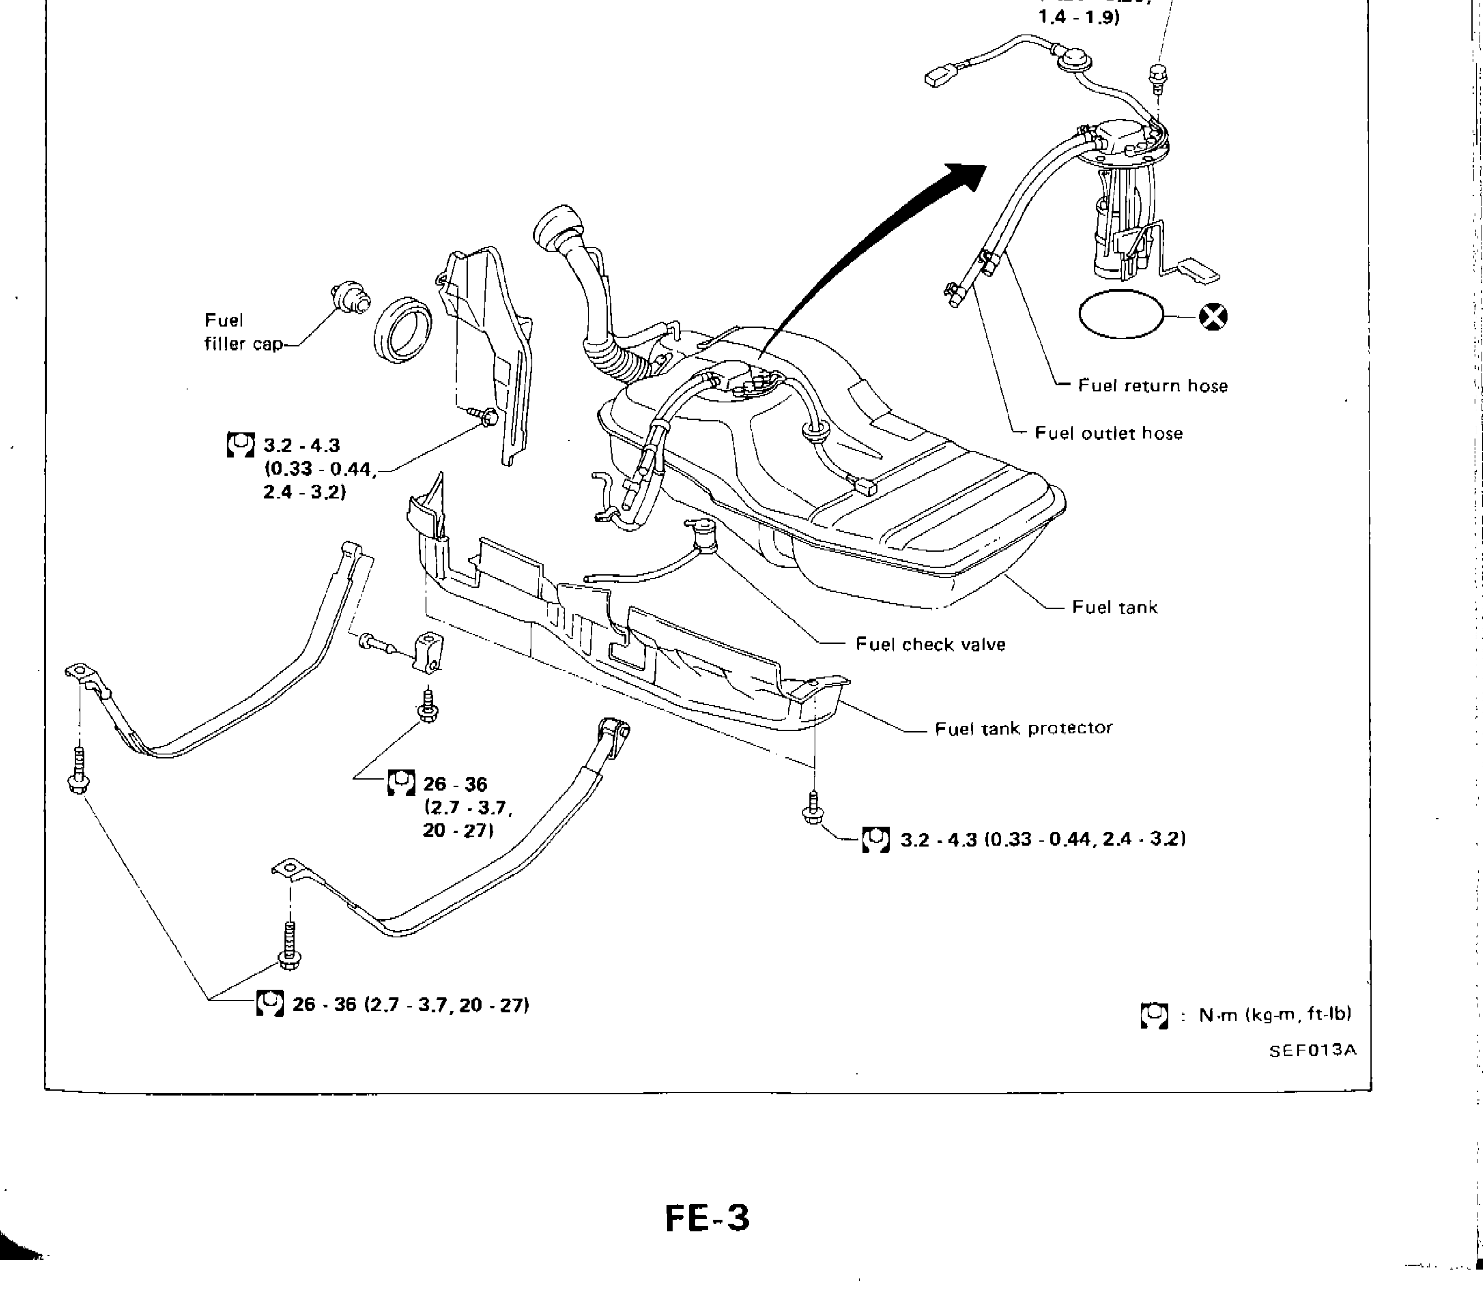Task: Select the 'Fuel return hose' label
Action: [x=1152, y=386]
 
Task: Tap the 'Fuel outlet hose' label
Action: [x=1108, y=434]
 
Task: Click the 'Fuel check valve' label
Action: [x=930, y=645]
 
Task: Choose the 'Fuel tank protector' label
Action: [x=1023, y=728]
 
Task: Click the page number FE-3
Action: [x=707, y=1218]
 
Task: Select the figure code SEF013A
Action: [x=1312, y=1050]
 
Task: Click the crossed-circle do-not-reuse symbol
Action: [x=1213, y=317]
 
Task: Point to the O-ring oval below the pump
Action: [x=1121, y=314]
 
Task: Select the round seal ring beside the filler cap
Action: [x=403, y=330]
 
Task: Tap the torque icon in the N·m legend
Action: [x=1154, y=1015]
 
